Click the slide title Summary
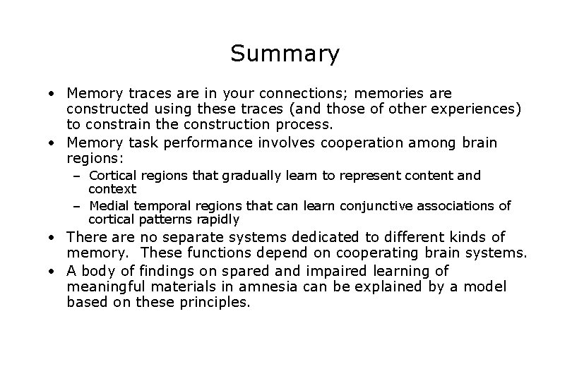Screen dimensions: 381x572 285,53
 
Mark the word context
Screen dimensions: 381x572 112,189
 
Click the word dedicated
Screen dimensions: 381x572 323,237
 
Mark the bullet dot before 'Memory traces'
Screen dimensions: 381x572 52,94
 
